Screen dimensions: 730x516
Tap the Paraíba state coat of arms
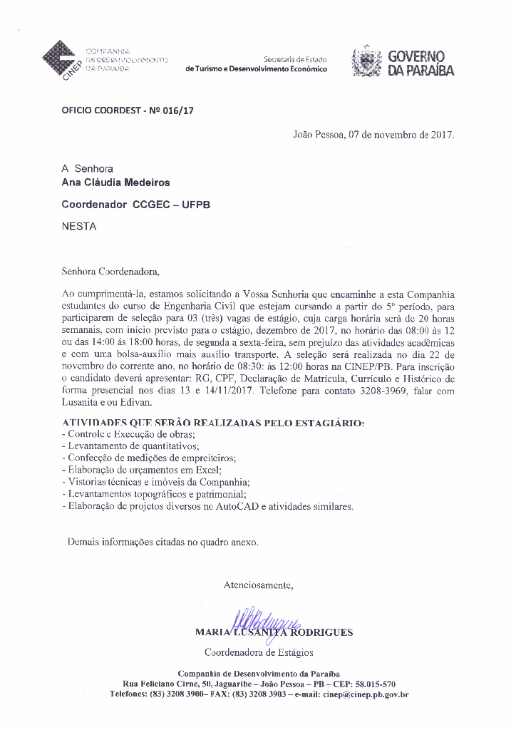(367, 62)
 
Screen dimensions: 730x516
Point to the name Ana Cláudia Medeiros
(116, 182)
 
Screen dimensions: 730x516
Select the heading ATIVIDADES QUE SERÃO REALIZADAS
(213, 423)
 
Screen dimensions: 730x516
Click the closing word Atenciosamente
(258, 585)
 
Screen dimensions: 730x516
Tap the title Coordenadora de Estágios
(259, 652)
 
